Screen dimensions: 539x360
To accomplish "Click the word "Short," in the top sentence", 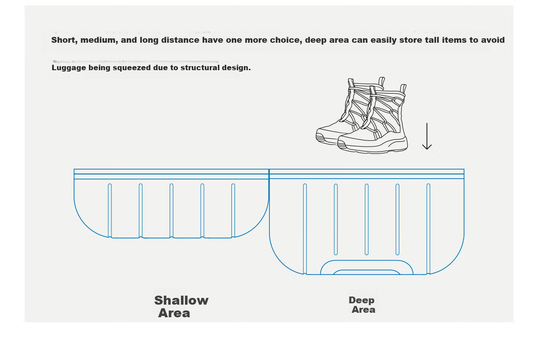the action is coord(64,40).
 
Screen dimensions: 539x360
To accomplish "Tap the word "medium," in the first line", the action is coord(99,40).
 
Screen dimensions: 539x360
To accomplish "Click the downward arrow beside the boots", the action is coord(427,136).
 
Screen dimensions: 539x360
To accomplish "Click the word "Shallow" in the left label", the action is coord(181,301).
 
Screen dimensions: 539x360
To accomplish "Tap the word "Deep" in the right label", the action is coord(362,301).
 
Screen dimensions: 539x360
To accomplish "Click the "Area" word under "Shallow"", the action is coord(174,313).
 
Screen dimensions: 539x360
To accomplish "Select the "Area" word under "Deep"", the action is coord(363,310).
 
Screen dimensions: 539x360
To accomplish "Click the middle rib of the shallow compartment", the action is coord(171,211).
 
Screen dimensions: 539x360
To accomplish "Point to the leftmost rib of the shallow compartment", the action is coord(110,211).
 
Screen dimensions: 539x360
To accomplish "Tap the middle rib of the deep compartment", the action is coord(367,219).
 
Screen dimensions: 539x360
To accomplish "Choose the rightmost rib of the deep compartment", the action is coord(429,229).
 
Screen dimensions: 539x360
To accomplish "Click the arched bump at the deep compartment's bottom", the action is coord(367,261).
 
